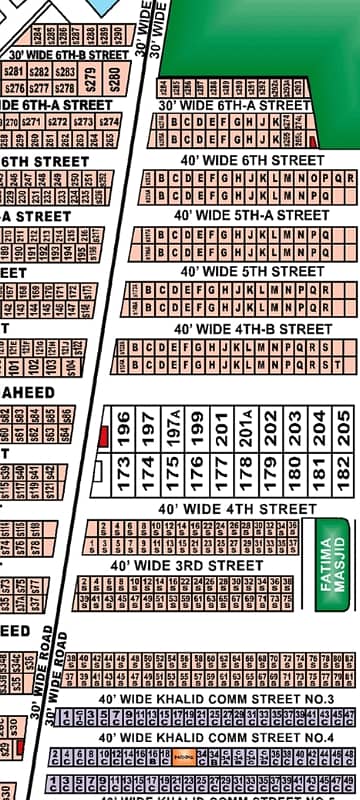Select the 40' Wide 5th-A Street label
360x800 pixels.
(251, 215)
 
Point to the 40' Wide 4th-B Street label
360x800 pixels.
(253, 328)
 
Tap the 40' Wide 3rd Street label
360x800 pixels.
(187, 566)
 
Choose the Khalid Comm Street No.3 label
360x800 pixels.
(216, 698)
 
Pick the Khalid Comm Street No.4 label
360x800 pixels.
(216, 738)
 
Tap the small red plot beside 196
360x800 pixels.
(103, 435)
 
